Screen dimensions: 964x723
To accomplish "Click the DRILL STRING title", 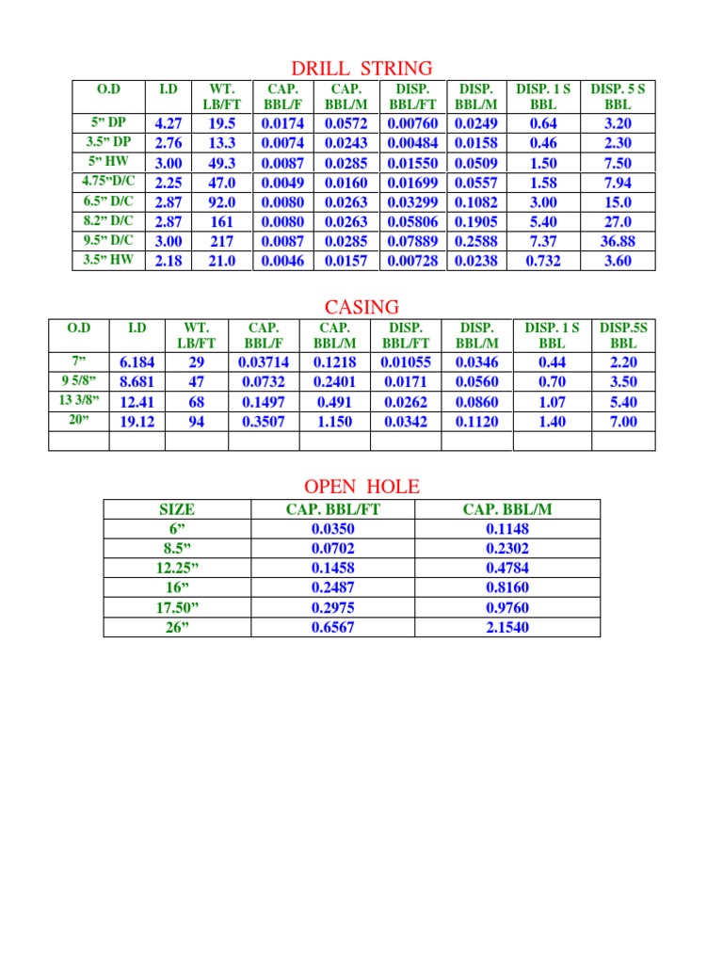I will click(x=361, y=68).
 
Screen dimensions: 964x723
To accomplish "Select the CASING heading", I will click(x=361, y=307).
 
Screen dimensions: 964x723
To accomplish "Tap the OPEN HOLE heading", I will click(x=361, y=486).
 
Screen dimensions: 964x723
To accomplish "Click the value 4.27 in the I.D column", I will click(x=168, y=123).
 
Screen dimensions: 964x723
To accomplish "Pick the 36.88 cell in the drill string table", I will click(x=618, y=241).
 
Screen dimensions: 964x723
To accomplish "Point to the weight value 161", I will click(x=221, y=221).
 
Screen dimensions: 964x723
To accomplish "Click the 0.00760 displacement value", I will click(x=412, y=123).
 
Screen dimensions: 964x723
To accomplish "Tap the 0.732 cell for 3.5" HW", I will click(x=543, y=261).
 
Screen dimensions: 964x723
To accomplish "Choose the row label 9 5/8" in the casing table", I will click(x=79, y=381).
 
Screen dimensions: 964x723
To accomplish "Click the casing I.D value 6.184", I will click(x=137, y=362).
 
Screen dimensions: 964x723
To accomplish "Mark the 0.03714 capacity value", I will click(x=264, y=362).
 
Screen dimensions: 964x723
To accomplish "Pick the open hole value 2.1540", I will click(x=507, y=627).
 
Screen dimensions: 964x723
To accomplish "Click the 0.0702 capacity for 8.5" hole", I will click(x=332, y=549).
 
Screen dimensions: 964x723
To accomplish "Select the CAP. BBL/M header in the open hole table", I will click(x=507, y=509).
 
